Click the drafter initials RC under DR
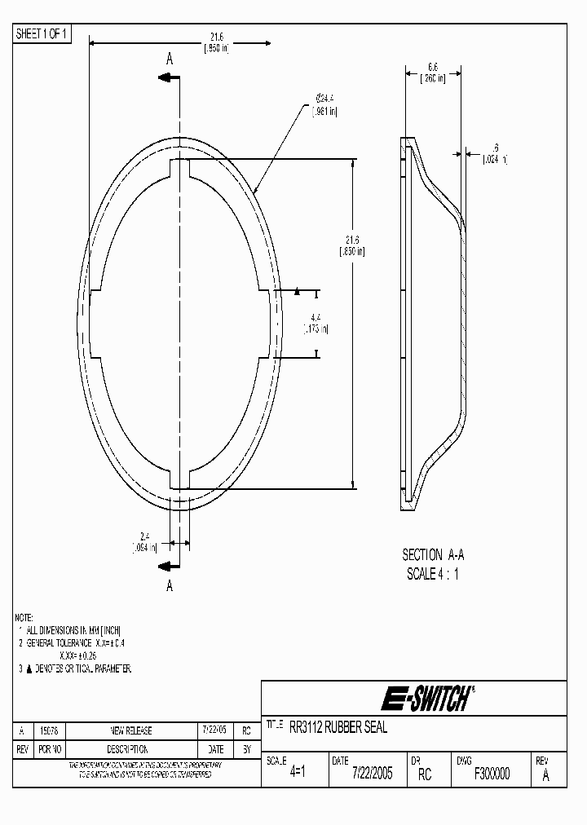424,774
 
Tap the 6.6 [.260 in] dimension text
433,73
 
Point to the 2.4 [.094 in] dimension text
143,542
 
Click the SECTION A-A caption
433,554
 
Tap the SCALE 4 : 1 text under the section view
433,573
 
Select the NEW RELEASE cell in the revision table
131,731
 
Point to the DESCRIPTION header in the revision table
131,748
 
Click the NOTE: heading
26,617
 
